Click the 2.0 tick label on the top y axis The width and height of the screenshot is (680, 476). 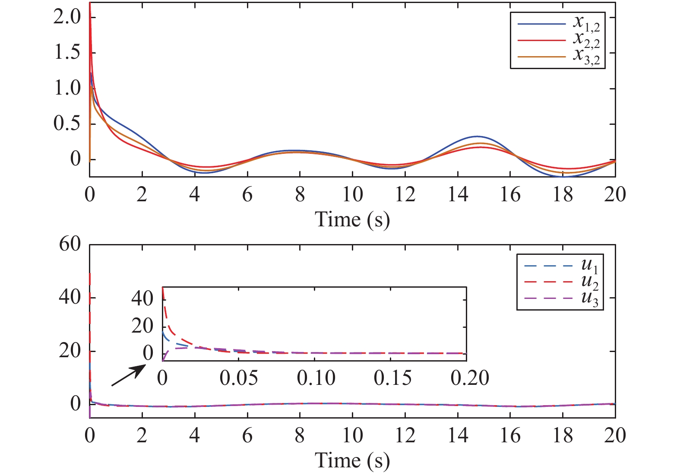67,17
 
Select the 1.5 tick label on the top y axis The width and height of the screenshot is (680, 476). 67,53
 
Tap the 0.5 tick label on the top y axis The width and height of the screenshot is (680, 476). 67,124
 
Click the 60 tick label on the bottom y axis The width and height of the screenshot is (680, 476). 70,244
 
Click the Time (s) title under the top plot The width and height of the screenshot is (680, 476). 352,219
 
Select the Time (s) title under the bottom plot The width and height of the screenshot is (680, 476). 352,460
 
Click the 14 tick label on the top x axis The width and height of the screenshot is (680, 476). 458,195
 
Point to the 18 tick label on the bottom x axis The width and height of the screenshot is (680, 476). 563,435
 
